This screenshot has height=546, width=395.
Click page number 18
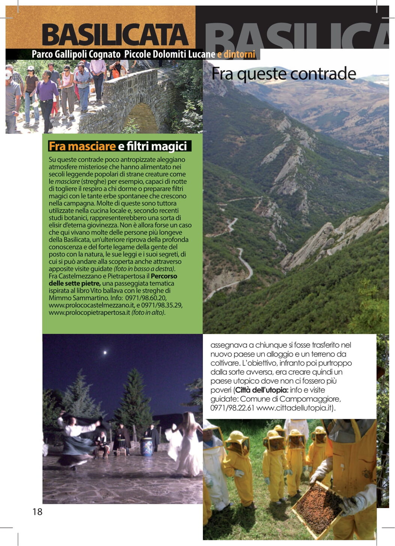38,511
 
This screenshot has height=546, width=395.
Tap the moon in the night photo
105,352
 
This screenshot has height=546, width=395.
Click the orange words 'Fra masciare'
82,146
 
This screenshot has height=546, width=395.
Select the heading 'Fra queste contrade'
284,74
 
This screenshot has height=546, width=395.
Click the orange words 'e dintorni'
236,54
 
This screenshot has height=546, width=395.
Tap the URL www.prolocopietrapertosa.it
89,312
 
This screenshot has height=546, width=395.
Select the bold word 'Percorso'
164,276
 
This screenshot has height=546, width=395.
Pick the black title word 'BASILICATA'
115,35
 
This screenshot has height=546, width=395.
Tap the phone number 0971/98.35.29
162,305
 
